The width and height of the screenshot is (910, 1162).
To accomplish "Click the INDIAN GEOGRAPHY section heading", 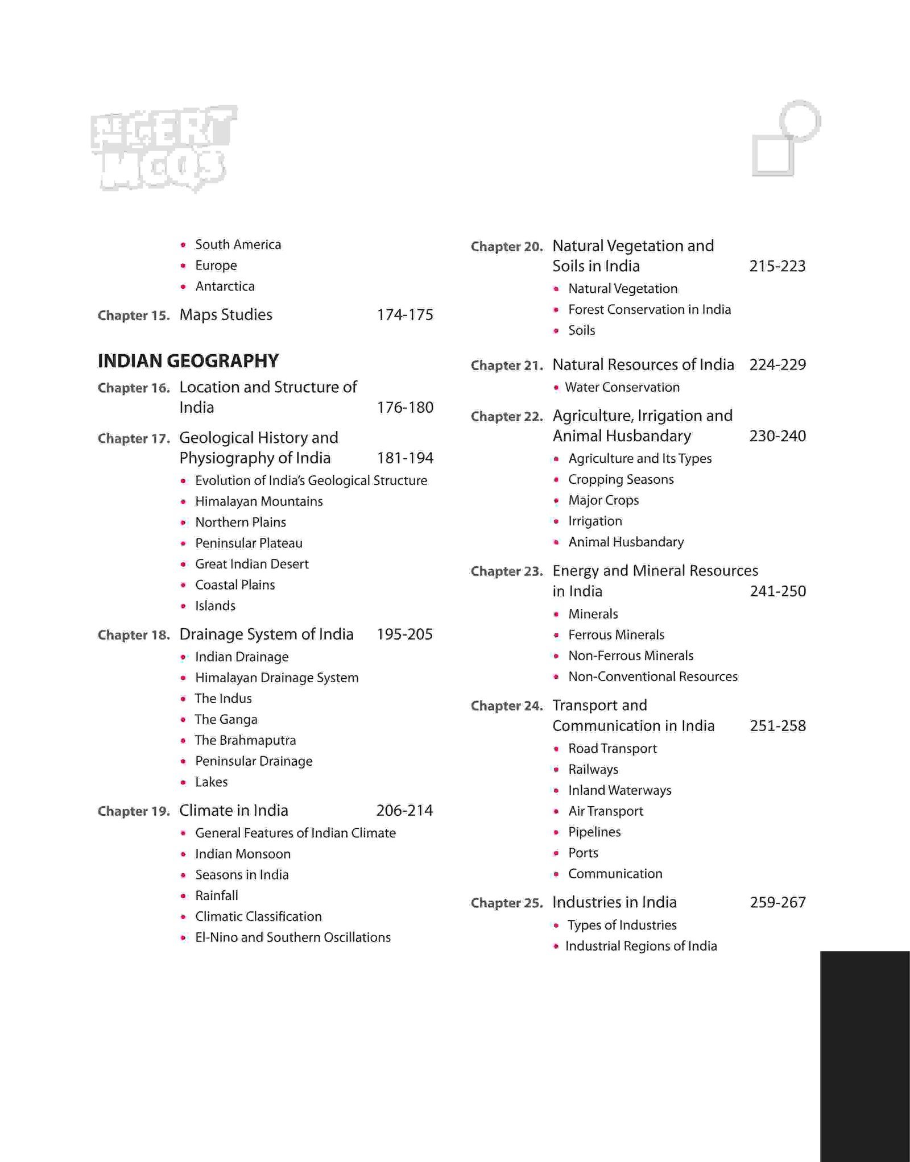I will (188, 361).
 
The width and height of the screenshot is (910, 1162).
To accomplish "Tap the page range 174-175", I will (405, 315).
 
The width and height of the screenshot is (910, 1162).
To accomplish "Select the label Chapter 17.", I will (134, 439).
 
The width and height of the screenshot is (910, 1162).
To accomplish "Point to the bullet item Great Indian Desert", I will (251, 564).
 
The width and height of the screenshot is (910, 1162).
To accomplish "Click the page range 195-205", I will (404, 634).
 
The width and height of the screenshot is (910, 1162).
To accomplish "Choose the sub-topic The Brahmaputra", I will (245, 740).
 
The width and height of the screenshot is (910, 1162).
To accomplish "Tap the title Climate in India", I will (234, 811).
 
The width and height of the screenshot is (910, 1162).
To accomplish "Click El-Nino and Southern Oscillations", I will (292, 937).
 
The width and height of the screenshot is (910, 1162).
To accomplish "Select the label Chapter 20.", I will (507, 247).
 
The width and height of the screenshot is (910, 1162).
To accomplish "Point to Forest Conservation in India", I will (649, 310).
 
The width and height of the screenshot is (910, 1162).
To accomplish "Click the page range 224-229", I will (777, 365).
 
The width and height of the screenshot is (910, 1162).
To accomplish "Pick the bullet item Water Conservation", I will (622, 388).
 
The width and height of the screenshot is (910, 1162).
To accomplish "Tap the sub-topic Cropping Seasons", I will (621, 480).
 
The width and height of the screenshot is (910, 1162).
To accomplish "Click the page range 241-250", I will (777, 591).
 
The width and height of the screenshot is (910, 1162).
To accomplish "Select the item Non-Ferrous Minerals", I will (631, 656).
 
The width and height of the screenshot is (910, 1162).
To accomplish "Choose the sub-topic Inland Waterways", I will (619, 791).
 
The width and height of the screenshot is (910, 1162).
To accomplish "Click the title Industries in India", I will (614, 903).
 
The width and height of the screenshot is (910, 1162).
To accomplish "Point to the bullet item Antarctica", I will (225, 287).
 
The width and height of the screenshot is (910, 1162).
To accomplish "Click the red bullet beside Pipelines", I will (556, 833).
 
